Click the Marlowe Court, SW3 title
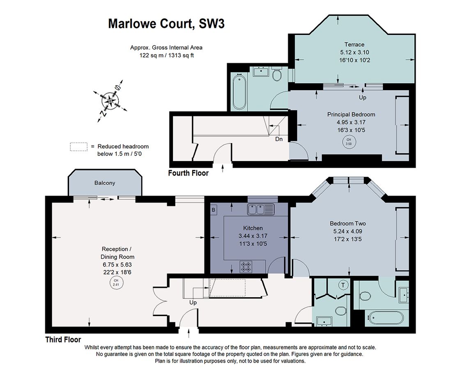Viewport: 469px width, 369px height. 166,24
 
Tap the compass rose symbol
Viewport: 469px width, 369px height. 110,101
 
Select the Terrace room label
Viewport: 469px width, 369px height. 354,44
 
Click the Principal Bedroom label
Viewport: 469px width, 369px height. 351,114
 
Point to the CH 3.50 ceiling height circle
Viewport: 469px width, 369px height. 349,141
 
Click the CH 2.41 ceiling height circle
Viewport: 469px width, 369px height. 116,282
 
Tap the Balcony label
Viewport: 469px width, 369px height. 105,183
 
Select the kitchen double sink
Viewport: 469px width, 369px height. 261,209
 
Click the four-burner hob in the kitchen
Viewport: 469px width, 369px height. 246,266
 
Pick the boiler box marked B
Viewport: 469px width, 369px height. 214,210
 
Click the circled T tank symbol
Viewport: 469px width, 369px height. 343,285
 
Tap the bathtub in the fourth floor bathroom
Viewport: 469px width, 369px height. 239,92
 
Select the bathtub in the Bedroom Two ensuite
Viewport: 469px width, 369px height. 385,318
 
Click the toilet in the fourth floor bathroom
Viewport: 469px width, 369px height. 277,74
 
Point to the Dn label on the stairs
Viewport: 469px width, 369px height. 279,139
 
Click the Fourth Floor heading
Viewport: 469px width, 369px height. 189,173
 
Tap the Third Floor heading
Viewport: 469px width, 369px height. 63,339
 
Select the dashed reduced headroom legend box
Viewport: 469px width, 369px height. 79,147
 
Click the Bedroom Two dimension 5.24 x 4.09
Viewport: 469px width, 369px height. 348,231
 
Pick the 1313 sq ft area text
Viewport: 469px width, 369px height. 181,55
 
